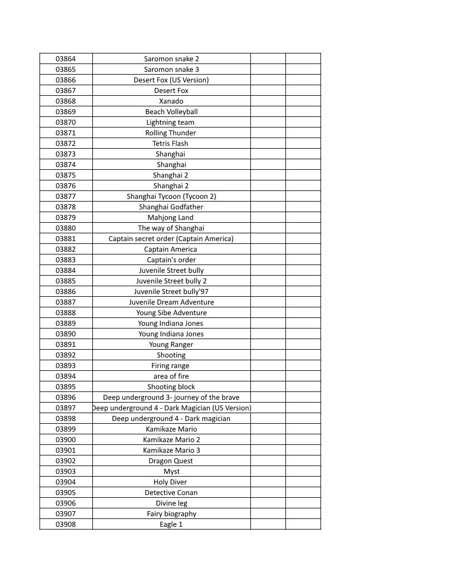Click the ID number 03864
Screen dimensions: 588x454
[x=66, y=59]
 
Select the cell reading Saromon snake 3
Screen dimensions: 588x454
[x=171, y=70]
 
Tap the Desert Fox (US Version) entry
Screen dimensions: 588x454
[x=171, y=80]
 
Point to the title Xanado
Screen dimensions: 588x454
[x=171, y=101]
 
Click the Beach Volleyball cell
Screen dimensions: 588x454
[x=171, y=112]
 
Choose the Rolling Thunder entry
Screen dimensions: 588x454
[x=171, y=133]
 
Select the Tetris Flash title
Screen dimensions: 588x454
[x=171, y=144]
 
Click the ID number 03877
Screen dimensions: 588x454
[x=66, y=197]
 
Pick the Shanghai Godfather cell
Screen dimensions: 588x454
[x=171, y=207]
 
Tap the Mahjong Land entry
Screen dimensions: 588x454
[x=171, y=218]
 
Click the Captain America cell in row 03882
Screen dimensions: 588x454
[x=171, y=249]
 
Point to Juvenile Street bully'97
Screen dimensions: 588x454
[x=171, y=292]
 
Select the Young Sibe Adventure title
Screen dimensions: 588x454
[x=171, y=313]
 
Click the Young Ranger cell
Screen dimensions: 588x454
[x=171, y=345]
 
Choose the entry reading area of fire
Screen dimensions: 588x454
[x=171, y=376]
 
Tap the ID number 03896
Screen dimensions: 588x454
[x=66, y=398]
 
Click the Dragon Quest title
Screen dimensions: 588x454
[x=171, y=461]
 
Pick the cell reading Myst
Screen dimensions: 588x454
[x=171, y=472]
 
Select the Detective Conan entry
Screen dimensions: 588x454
[x=171, y=493]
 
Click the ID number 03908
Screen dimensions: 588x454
[x=66, y=525]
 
